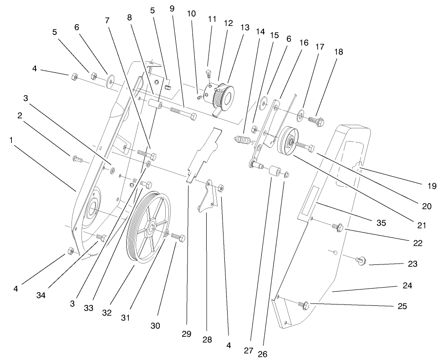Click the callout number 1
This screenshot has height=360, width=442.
(x=11, y=140)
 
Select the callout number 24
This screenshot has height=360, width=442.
(x=407, y=286)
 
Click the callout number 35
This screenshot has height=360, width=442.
(x=381, y=223)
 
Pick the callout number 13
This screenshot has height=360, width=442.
(x=245, y=27)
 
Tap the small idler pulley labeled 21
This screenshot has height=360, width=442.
(x=288, y=142)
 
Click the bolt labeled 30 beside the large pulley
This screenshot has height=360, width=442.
(x=178, y=238)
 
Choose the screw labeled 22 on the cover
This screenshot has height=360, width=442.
(x=338, y=227)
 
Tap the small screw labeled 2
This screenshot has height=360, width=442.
(x=77, y=159)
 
